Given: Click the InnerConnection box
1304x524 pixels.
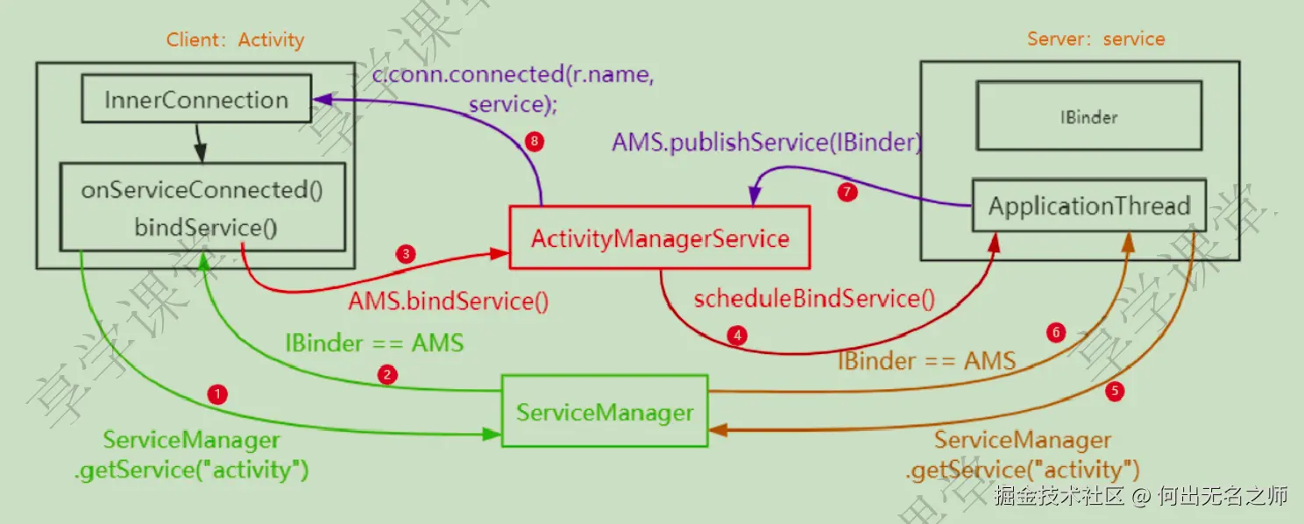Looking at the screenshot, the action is coord(197,98).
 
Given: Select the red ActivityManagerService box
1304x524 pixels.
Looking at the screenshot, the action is coord(660,237).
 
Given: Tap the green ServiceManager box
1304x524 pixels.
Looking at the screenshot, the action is coord(605,411).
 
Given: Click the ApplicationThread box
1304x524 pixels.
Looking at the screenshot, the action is coord(1089,206).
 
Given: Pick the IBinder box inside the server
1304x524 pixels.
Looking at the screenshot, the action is coord(1089,116).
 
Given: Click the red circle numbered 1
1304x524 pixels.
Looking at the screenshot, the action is coord(217,394).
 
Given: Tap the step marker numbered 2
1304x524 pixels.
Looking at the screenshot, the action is coord(387,374).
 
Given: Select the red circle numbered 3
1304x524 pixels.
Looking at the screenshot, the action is coord(406,254).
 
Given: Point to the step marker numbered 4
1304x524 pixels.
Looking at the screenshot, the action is coord(737,336).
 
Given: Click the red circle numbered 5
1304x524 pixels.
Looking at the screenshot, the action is coord(1115,391).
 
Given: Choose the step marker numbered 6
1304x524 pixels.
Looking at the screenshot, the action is coord(1056,332).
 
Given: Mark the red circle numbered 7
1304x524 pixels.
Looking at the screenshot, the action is coord(847,192).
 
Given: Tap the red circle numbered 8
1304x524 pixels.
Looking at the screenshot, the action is coord(534,141).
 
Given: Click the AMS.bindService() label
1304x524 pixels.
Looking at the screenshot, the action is coord(449,301).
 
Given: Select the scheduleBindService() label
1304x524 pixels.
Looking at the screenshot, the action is coord(814,299).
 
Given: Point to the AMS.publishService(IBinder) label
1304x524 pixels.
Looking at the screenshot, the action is coord(767,142).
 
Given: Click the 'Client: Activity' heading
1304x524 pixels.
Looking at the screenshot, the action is coord(235,39).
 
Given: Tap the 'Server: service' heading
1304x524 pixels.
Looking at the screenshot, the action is coord(1095,39).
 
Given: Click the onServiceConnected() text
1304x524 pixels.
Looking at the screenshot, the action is coord(202,190).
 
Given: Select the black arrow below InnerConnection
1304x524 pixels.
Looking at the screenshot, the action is coord(199,142).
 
